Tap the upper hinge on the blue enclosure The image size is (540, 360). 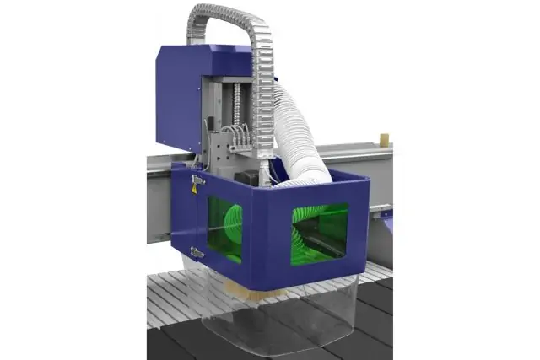click(x=198, y=180)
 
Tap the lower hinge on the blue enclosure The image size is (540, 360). click(x=197, y=251)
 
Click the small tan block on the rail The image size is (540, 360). click(x=385, y=136)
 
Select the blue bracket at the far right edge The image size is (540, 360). click(x=387, y=212)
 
